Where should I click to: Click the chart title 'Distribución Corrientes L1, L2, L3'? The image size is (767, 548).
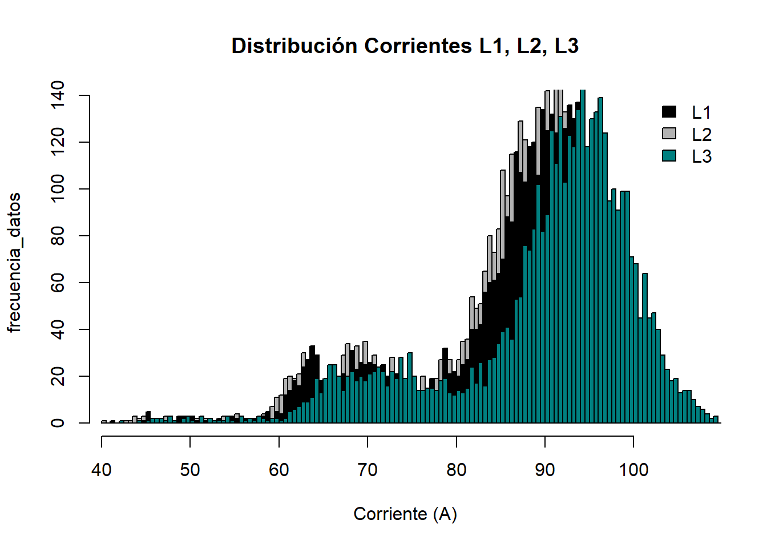405,46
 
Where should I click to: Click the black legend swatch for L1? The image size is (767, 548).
669,112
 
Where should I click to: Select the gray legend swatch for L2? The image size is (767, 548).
669,134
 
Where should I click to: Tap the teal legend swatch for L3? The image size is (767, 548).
669,155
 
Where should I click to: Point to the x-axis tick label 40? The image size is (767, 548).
102,470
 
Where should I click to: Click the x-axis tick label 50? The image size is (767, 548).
190,470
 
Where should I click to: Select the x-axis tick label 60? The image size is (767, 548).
279,470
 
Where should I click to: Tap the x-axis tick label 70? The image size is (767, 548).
368,470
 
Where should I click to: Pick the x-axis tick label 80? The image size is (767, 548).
457,470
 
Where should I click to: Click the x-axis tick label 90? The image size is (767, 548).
545,470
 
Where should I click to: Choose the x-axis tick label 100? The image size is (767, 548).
633,470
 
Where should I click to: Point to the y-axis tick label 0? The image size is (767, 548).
58,423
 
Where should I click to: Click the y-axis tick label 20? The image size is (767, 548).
58,376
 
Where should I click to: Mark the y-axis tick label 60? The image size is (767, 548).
58,283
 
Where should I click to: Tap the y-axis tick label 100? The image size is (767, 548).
58,189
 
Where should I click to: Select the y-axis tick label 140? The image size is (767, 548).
58,95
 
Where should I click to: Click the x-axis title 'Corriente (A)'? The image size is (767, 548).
405,514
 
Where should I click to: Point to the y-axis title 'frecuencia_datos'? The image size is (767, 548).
14,263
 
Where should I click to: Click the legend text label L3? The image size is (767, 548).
701,156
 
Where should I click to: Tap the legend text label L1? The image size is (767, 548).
701,112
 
